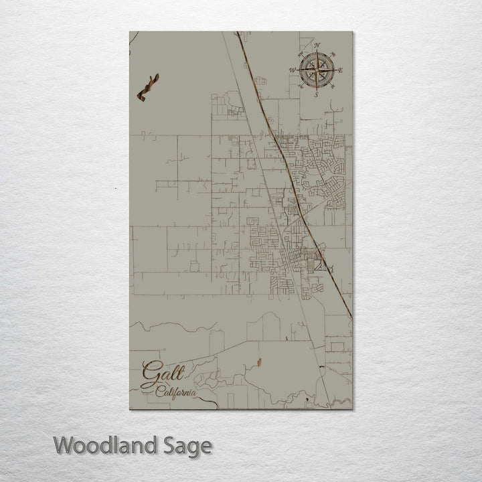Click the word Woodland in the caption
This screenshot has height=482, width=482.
pos(104,445)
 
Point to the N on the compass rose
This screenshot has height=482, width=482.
pos(317,45)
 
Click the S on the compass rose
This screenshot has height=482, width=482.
pos(316,94)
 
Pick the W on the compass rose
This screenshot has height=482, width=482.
pos(292,69)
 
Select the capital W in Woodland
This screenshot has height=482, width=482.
pos(64,445)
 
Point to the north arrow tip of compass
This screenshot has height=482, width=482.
pos(317,52)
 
